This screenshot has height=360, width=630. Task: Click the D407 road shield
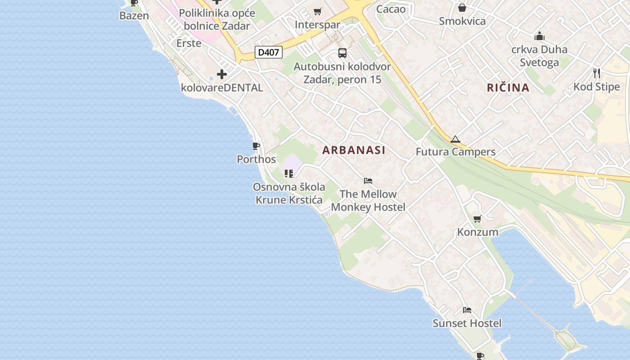pyautogui.click(x=268, y=52)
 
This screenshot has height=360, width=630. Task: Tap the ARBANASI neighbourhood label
pyautogui.click(x=354, y=150)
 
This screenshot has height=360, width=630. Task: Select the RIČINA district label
pyautogui.click(x=508, y=88)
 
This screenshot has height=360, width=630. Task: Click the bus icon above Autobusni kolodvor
pyautogui.click(x=342, y=53)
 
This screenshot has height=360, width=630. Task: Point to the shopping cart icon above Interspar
pyautogui.click(x=318, y=11)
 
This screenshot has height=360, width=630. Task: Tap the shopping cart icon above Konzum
pyautogui.click(x=477, y=219)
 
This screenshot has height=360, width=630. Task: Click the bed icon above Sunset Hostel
pyautogui.click(x=467, y=310)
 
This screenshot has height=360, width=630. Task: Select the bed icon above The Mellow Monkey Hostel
pyautogui.click(x=368, y=181)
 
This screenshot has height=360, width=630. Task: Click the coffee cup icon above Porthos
pyautogui.click(x=256, y=146)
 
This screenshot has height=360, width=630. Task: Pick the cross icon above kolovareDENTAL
pyautogui.click(x=222, y=74)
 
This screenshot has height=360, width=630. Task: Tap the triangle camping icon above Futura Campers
pyautogui.click(x=455, y=139)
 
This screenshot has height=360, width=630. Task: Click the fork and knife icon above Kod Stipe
pyautogui.click(x=597, y=73)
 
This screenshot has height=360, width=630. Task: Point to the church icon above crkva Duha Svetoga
pyautogui.click(x=539, y=36)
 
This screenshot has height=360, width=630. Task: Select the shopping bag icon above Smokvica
pyautogui.click(x=462, y=8)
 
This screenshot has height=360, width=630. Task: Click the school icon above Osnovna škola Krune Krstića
pyautogui.click(x=289, y=173)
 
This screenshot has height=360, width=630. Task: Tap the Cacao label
pyautogui.click(x=391, y=9)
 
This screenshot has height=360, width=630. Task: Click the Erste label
pyautogui.click(x=189, y=43)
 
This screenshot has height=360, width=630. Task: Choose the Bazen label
pyautogui.click(x=134, y=16)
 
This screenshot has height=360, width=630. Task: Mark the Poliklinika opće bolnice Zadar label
pyautogui.click(x=217, y=19)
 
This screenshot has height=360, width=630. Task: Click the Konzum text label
pyautogui.click(x=477, y=232)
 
